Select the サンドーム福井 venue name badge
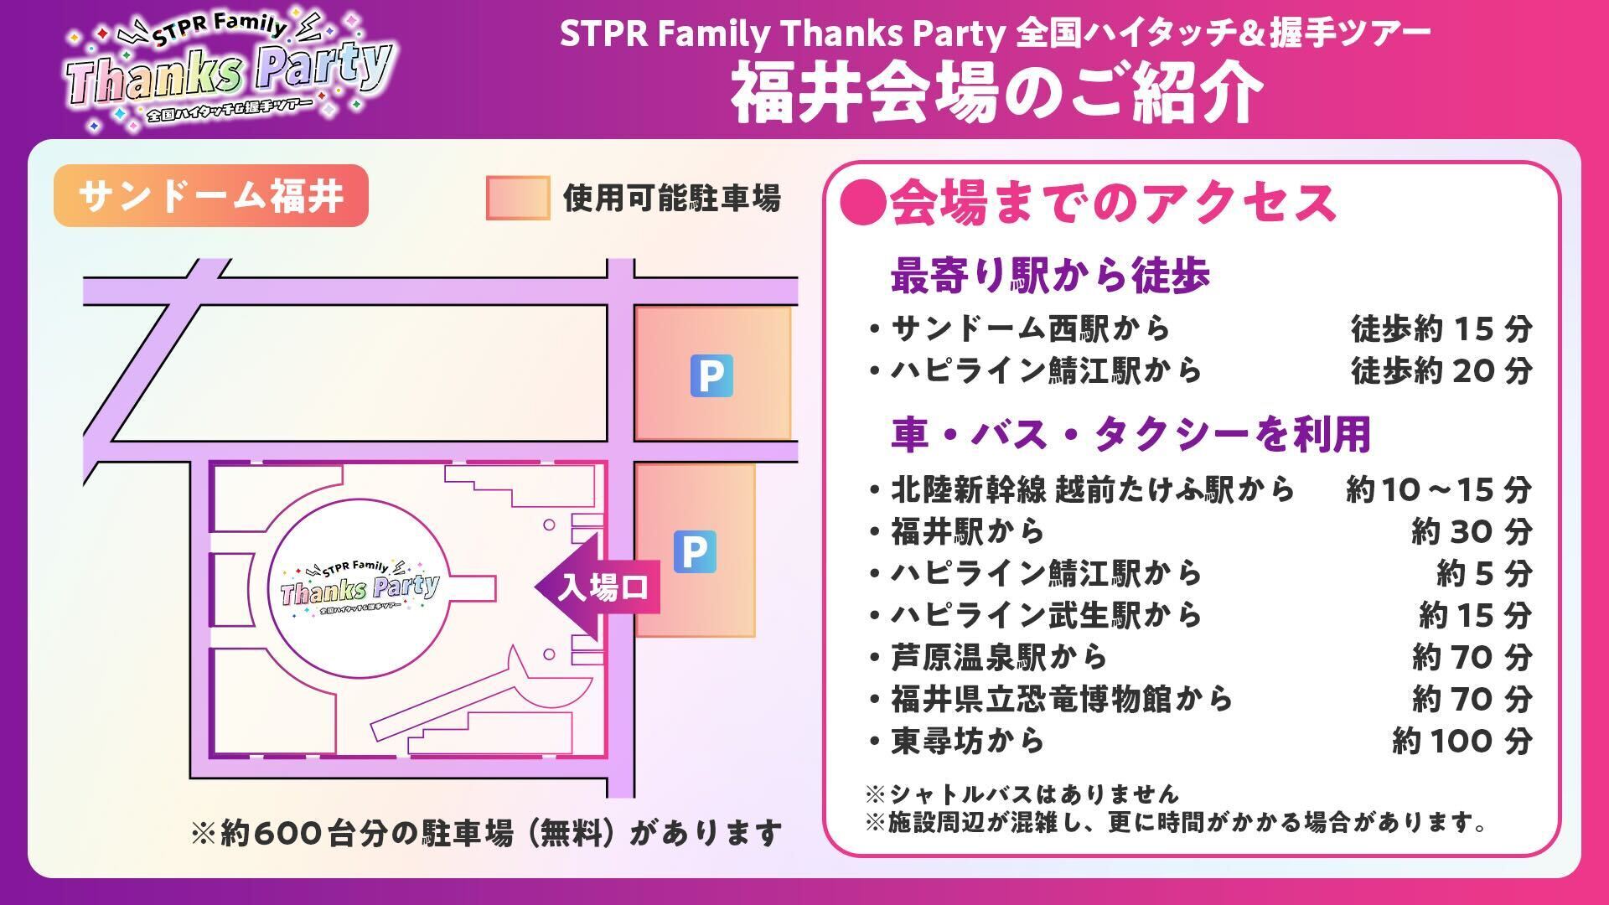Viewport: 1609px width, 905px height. [211, 196]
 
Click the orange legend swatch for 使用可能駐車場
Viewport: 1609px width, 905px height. [518, 199]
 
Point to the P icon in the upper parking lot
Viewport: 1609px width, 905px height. [711, 375]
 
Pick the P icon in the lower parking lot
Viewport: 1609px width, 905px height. [695, 551]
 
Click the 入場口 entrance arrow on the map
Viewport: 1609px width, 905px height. [598, 587]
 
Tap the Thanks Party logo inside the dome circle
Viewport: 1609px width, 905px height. [360, 586]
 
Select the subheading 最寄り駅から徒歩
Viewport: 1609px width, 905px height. [1050, 275]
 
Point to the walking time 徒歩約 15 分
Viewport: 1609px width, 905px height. [1441, 328]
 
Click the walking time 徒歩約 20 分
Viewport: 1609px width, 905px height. [1441, 370]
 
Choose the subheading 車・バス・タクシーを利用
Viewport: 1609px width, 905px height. [1131, 434]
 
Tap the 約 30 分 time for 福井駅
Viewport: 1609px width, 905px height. [1472, 531]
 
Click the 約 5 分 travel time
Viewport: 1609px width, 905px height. [1484, 573]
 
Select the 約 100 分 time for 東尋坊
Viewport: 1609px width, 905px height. [1462, 741]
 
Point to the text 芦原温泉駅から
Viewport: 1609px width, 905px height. [999, 657]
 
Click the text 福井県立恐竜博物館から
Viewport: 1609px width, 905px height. [1062, 699]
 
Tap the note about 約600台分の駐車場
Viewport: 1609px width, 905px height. [487, 834]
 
